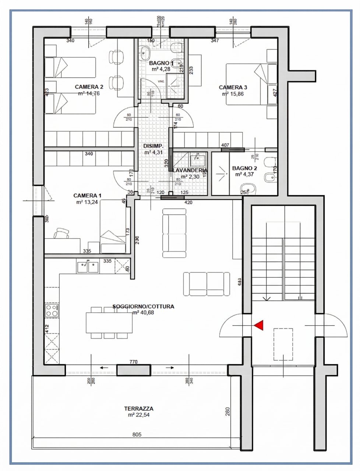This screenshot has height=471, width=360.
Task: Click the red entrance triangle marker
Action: [x=260, y=325]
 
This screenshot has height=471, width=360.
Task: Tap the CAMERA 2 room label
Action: [x=89, y=87]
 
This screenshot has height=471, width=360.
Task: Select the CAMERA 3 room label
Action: [x=233, y=88]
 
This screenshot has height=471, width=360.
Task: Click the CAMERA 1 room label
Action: [x=87, y=196]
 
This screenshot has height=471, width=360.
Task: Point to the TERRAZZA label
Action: [x=138, y=408]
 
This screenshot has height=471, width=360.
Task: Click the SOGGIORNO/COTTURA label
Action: [x=143, y=306]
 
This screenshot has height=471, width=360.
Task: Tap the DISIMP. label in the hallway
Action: [x=153, y=146]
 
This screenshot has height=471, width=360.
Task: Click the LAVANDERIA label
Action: [x=190, y=171]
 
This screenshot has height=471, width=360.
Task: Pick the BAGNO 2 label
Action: [x=244, y=169]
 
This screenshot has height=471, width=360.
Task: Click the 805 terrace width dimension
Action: [x=137, y=435]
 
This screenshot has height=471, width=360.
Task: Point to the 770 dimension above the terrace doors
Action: [x=133, y=362]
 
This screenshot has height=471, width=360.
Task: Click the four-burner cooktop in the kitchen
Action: [x=52, y=310]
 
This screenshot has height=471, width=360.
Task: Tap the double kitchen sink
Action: [x=88, y=266]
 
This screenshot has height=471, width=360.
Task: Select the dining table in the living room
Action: [x=109, y=322]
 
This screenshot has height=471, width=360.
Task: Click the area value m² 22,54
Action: [x=138, y=415]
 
